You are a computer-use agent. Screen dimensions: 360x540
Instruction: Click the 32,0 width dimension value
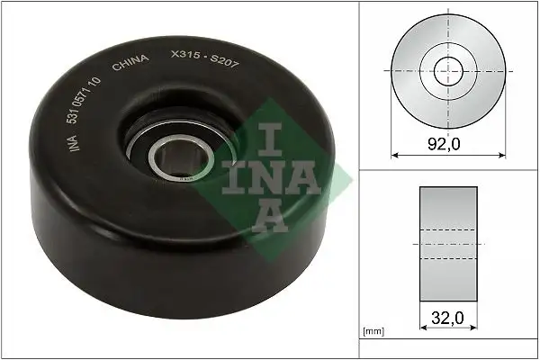pyautogui.click(x=447, y=318)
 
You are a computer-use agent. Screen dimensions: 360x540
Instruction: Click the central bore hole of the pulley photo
pyautogui.click(x=171, y=161)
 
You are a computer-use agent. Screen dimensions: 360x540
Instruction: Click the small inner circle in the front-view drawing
pyautogui.click(x=447, y=71)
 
